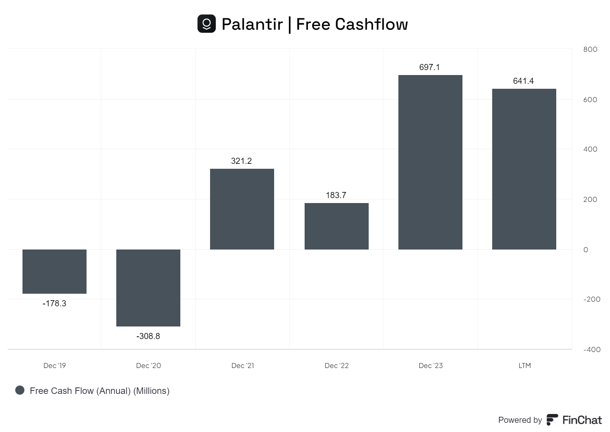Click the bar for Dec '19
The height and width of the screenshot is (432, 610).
55,271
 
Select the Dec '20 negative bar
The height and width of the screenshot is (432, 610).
148,288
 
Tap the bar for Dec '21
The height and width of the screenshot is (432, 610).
242,209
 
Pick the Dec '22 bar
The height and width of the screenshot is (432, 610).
337,226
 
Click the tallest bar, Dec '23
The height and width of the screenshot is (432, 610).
430,162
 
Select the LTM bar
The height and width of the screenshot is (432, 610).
524,169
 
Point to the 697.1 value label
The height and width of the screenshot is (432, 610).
429,67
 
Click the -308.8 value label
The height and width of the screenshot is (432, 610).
148,336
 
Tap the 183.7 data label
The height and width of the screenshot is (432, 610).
336,195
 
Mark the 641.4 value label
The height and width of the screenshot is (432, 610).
523,81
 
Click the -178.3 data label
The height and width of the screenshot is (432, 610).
55,303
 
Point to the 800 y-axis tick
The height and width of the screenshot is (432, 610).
590,49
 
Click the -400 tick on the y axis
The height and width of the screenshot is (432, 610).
592,349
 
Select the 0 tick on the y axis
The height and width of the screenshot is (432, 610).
586,250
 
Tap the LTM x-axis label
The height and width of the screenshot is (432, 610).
525,365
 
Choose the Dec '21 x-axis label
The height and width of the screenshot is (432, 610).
242,365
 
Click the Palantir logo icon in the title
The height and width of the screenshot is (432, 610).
207,24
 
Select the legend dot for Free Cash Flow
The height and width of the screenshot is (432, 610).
20,390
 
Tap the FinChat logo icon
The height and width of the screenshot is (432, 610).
552,419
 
